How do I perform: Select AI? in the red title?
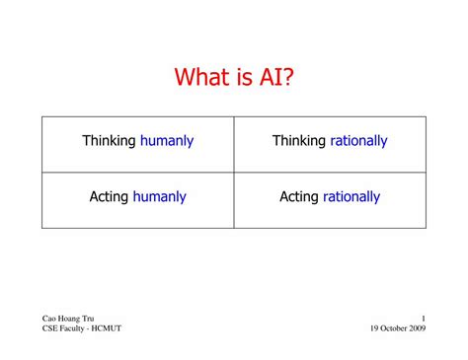click(x=276, y=76)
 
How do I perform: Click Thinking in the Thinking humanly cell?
click(x=109, y=141)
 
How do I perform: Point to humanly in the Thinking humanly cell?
click(x=167, y=141)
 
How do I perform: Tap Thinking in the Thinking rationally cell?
click(x=299, y=141)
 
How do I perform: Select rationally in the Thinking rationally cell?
click(x=359, y=141)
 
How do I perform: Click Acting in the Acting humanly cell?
click(x=109, y=197)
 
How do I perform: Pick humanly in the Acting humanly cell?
click(x=160, y=197)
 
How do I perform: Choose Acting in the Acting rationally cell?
click(x=299, y=197)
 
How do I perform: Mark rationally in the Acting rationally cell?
click(x=351, y=197)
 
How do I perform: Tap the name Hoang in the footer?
click(x=71, y=318)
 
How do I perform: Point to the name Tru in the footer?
click(x=93, y=318)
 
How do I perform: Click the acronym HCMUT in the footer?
click(x=107, y=328)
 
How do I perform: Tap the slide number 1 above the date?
click(x=423, y=318)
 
